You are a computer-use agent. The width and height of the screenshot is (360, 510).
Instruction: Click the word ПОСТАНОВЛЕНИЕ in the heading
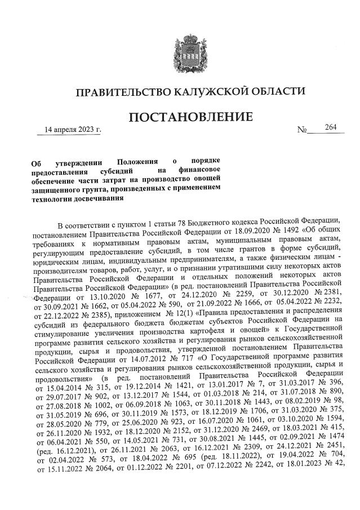(190, 118)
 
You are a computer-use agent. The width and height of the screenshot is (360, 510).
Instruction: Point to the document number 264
(330, 128)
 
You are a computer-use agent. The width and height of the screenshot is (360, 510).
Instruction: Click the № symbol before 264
(301, 131)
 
